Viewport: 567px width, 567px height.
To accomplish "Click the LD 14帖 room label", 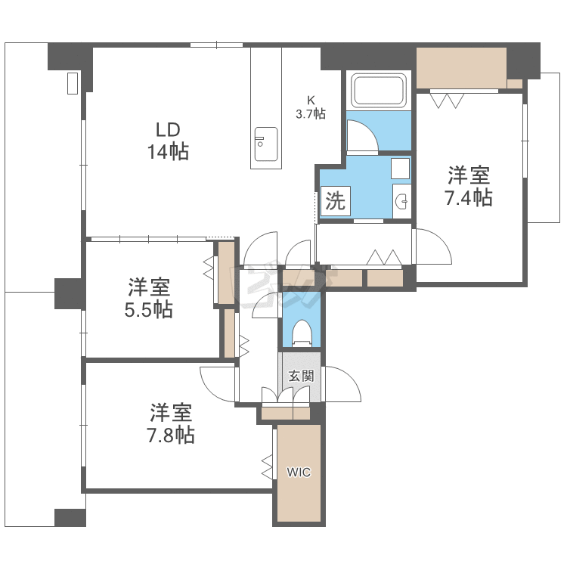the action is [168, 141].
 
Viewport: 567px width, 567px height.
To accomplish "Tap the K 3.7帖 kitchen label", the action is [311, 107].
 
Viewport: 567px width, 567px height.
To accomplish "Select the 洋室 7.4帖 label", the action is [469, 186].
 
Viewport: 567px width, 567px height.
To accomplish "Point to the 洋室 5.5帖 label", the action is [149, 298].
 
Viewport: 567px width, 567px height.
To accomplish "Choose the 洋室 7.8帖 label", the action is [171, 423].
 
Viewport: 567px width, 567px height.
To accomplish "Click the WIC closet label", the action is [299, 472].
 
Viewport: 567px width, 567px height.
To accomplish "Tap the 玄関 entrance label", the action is [301, 376].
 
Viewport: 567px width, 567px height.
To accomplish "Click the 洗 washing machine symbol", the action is [335, 201].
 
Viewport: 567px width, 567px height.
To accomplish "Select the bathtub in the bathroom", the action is [379, 91].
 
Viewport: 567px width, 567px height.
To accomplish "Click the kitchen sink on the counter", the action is [266, 144].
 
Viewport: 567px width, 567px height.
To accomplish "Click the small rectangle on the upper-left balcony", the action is [73, 83].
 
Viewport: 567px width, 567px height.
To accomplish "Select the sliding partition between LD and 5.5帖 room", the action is [148, 239].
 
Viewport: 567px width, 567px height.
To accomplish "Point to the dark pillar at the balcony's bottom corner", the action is [70, 517].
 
